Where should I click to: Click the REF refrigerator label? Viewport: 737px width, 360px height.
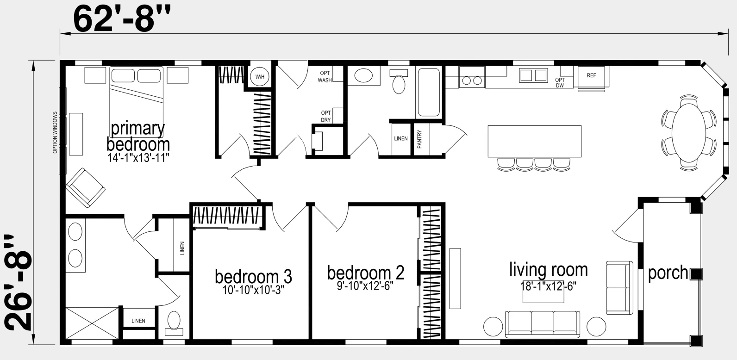click(591, 75)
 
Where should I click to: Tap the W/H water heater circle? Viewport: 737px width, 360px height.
click(260, 77)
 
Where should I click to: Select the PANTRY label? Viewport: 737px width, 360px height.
click(419, 139)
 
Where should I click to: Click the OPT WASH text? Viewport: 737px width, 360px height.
click(325, 77)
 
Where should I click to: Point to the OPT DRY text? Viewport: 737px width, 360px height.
click(326, 117)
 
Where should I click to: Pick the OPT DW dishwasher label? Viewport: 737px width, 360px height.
click(560, 82)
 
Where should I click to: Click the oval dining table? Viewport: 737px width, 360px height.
click(689, 132)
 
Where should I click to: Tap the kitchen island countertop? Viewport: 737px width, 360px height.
click(534, 142)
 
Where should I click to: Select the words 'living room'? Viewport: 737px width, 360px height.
click(549, 270)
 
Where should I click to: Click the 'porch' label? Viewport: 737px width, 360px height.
click(668, 273)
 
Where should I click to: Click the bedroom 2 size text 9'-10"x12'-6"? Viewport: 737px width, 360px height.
click(365, 286)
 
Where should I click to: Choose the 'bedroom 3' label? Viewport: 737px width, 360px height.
click(253, 277)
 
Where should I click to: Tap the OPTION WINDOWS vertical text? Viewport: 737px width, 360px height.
click(55, 132)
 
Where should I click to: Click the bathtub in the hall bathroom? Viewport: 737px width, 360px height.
click(429, 93)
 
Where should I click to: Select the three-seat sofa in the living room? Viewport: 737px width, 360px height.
click(542, 324)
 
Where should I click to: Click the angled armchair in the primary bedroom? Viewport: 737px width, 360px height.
click(86, 188)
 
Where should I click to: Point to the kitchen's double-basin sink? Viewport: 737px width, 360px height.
click(533, 75)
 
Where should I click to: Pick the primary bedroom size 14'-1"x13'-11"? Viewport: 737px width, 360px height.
click(138, 158)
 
